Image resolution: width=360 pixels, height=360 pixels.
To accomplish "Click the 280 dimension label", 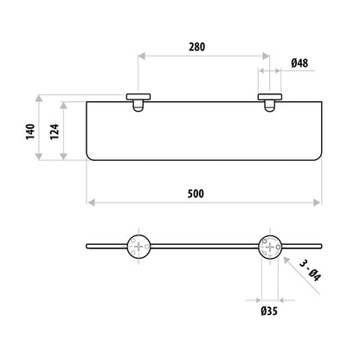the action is [x=197, y=47].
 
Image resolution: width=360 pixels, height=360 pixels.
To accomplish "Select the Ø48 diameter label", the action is [x=299, y=63].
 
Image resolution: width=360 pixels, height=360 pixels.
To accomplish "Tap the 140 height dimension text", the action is [x=30, y=132].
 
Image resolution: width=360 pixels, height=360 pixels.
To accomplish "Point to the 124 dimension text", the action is [x=55, y=132].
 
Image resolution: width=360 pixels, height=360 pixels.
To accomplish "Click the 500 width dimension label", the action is [x=196, y=194].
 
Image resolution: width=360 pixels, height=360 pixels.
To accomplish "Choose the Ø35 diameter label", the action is [x=269, y=311].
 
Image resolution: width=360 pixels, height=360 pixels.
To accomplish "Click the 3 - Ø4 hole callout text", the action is [x=311, y=271].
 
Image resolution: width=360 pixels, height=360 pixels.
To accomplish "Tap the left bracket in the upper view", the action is [x=138, y=102].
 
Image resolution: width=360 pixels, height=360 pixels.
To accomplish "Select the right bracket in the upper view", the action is [x=270, y=102].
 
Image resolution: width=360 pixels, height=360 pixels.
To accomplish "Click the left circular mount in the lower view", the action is [x=138, y=247].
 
